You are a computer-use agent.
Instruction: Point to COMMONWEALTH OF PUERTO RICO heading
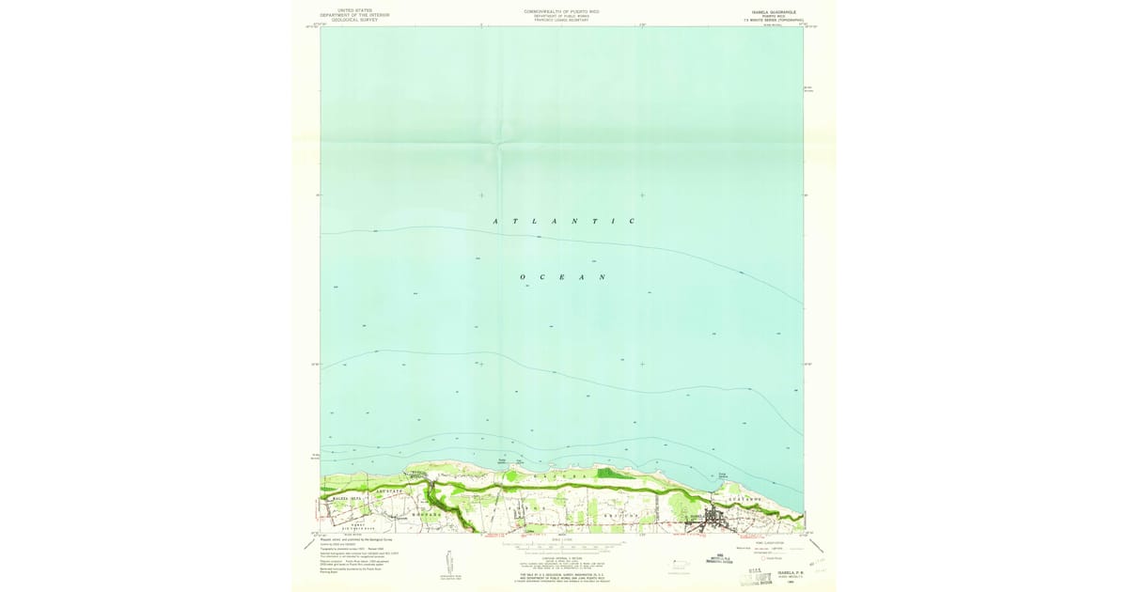click(561, 10)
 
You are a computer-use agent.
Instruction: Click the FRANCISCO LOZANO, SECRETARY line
click(561, 20)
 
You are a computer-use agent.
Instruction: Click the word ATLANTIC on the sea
click(565, 221)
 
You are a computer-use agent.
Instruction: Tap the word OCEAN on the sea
click(563, 277)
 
